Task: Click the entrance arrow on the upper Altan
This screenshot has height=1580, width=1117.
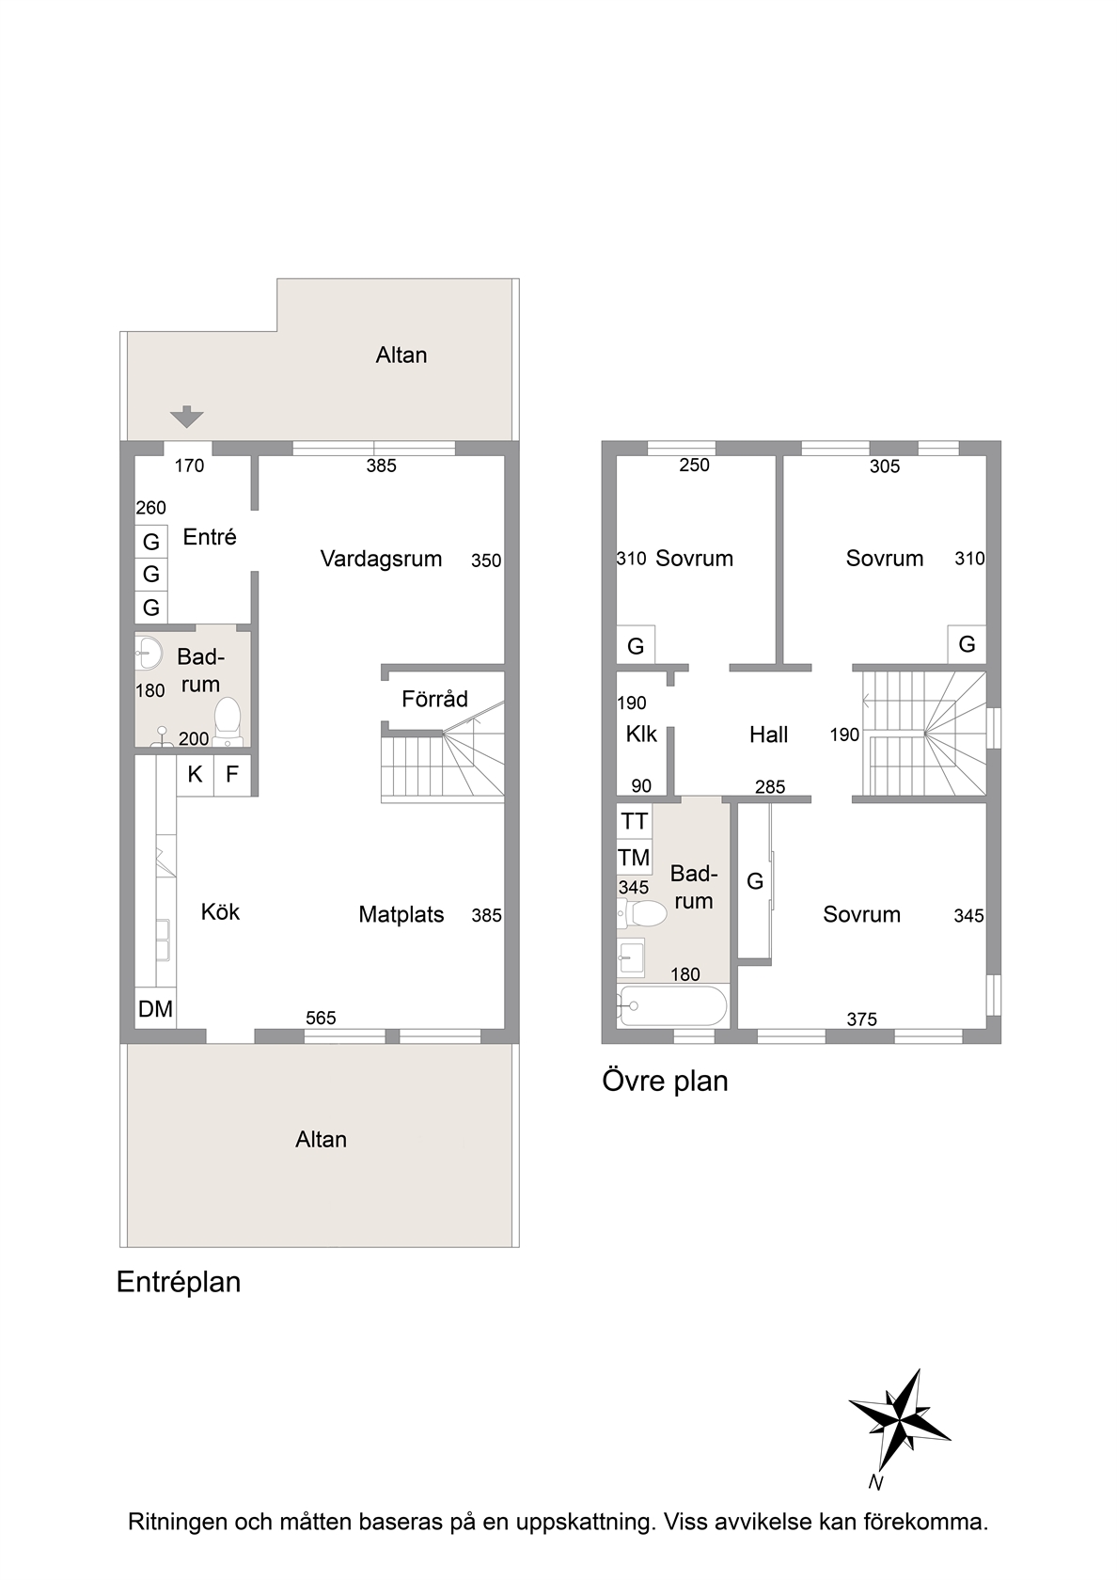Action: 187,417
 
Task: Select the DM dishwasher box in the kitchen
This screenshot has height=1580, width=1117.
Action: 155,1008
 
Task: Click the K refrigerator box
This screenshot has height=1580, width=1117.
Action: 196,775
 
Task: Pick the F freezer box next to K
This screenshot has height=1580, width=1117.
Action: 232,775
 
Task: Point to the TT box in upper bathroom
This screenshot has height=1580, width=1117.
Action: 634,821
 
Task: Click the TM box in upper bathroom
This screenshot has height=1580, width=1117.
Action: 634,858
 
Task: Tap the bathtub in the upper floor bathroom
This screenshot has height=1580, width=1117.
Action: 672,1005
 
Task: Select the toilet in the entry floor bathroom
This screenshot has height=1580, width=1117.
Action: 228,720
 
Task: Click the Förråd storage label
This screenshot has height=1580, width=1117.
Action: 434,699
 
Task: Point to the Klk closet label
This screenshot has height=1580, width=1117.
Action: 641,735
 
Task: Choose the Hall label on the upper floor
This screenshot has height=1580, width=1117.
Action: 769,735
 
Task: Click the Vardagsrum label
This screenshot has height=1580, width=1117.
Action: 381,559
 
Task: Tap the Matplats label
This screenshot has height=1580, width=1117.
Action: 401,914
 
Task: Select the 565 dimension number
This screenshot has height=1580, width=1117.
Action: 321,1018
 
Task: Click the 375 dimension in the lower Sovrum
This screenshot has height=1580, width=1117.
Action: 861,1019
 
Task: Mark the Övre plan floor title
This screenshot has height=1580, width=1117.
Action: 665,1081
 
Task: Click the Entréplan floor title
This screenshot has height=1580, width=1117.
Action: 179,1282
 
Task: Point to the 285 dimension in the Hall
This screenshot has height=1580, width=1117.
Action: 770,786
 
